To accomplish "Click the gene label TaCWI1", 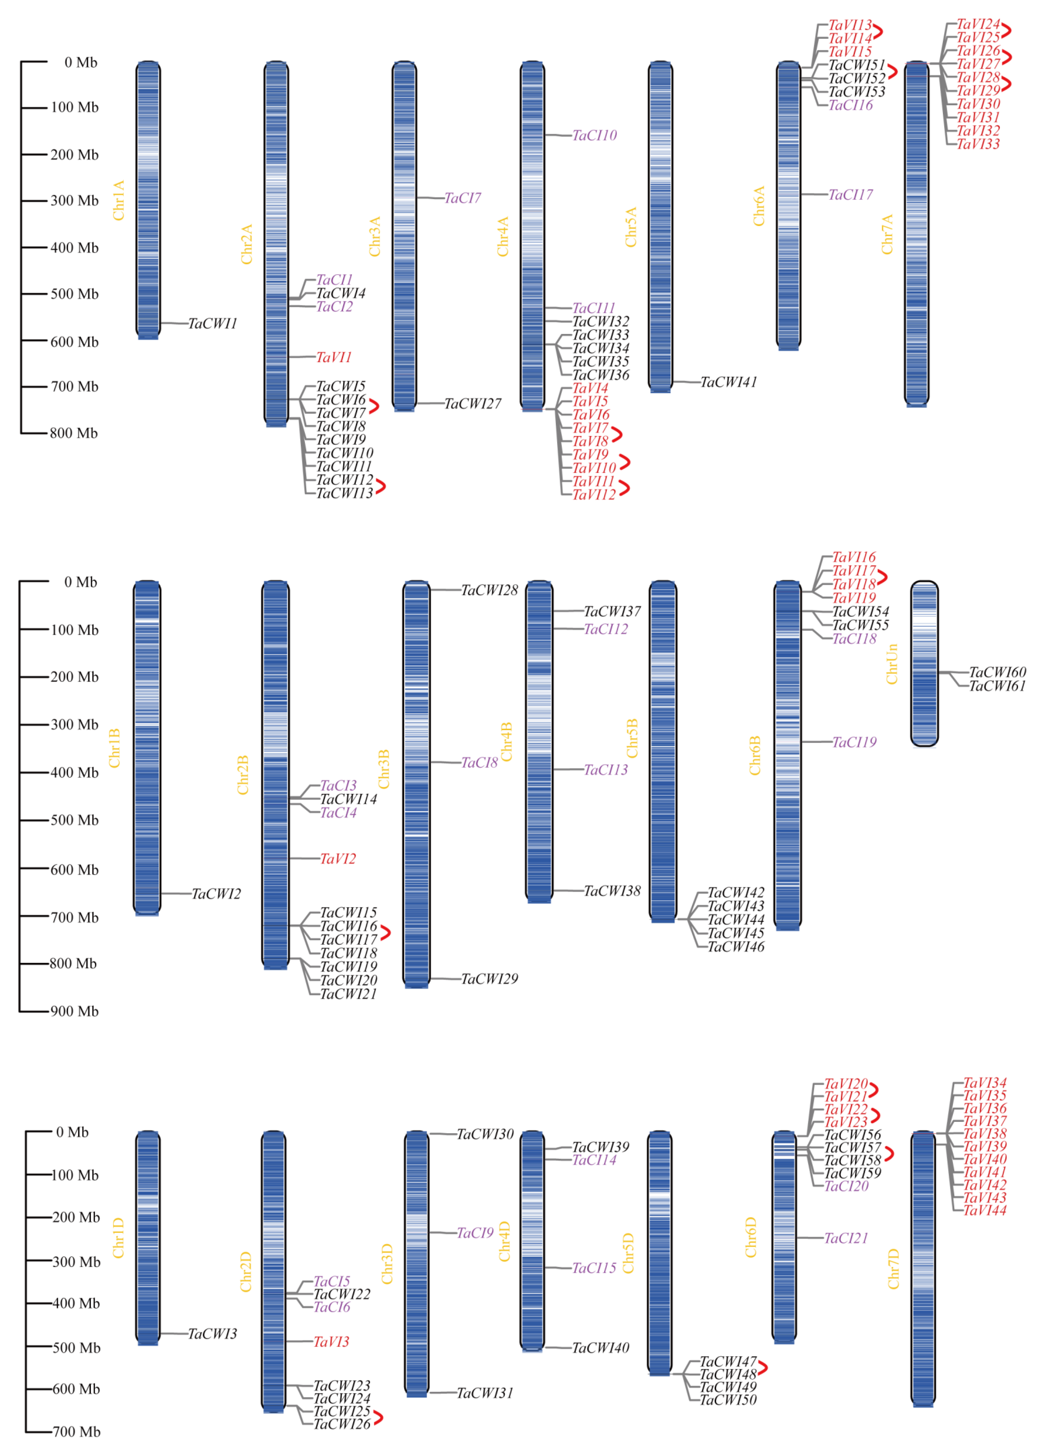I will pyautogui.click(x=212, y=323).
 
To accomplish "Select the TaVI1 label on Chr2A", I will pyautogui.click(x=334, y=357).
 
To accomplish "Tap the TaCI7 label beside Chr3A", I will pyautogui.click(x=463, y=198).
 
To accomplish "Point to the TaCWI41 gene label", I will pyautogui.click(x=729, y=382).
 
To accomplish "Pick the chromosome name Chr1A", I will pyautogui.click(x=119, y=200).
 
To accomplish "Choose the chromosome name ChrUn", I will pyautogui.click(x=892, y=664).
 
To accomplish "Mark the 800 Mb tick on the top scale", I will pyautogui.click(x=74, y=433).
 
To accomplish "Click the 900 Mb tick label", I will pyautogui.click(x=74, y=1011).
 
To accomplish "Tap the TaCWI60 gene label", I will pyautogui.click(x=997, y=672).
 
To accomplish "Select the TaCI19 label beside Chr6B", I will pyautogui.click(x=854, y=742).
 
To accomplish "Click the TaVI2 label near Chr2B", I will pyautogui.click(x=337, y=858).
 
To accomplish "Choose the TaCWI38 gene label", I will pyautogui.click(x=612, y=891).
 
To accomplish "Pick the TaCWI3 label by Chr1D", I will pyautogui.click(x=212, y=1334).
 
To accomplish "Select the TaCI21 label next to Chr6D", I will pyautogui.click(x=846, y=1238).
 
